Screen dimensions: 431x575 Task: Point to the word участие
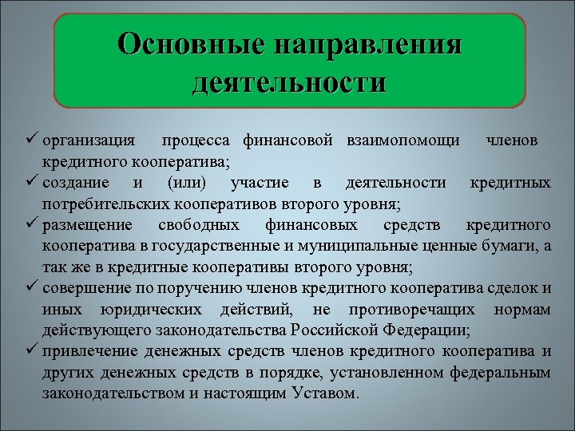point(258,184)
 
